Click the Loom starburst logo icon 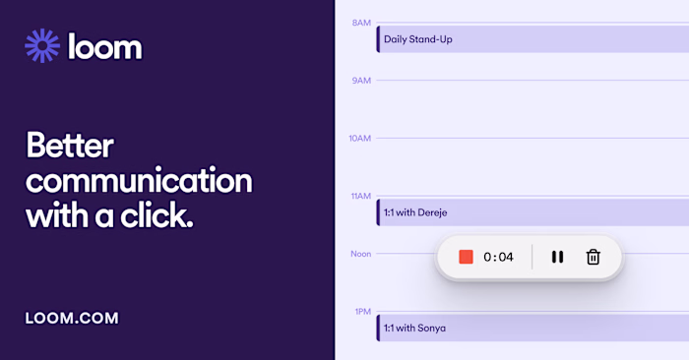click(x=42, y=45)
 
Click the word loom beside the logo click(x=105, y=46)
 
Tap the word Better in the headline click(x=69, y=148)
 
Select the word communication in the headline click(x=139, y=182)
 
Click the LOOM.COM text click(x=72, y=318)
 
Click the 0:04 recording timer click(x=498, y=257)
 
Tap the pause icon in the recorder click(x=557, y=257)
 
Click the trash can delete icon click(x=593, y=257)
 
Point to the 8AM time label click(x=361, y=22)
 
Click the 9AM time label click(x=361, y=80)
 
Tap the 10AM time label click(x=359, y=138)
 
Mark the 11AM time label click(x=360, y=196)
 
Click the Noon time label click(x=360, y=254)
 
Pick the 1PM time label click(x=361, y=311)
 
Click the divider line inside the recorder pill click(x=532, y=257)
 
